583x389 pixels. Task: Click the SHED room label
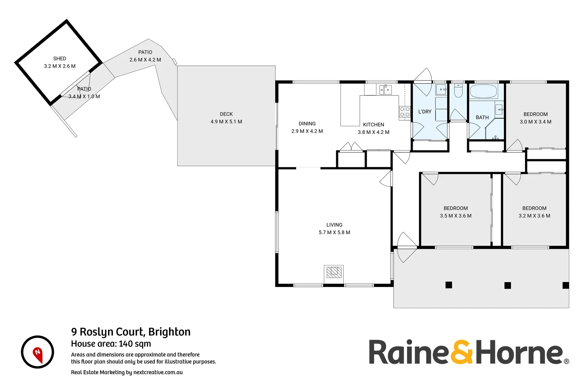60,58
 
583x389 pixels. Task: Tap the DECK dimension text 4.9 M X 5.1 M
226,122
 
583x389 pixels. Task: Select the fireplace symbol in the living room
334,272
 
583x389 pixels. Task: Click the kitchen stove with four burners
405,112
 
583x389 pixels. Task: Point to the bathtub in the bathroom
483,91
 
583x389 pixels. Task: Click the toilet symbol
458,91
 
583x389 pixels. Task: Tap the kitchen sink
385,89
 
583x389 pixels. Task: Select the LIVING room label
334,225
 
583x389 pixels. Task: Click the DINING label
307,124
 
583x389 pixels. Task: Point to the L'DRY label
425,112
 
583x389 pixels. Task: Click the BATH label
482,117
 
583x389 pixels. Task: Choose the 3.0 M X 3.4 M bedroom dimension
535,122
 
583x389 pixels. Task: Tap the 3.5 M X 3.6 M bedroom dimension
456,216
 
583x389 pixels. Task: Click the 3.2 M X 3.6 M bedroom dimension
534,216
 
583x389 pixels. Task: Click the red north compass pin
38,354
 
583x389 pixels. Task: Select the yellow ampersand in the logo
462,352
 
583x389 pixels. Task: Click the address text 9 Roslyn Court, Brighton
131,332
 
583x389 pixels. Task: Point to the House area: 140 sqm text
111,344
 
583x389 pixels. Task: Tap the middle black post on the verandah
507,285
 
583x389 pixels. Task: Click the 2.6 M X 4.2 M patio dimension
145,60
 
